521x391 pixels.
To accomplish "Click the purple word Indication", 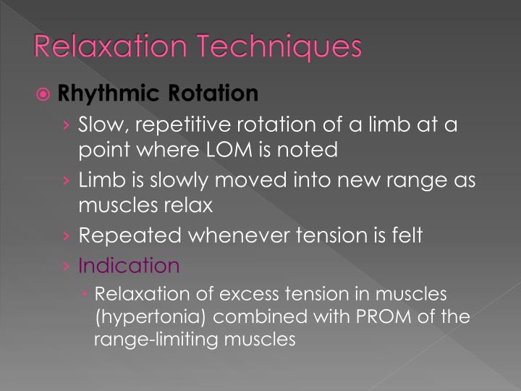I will click(x=129, y=266).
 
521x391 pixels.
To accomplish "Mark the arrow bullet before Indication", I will click(x=67, y=266).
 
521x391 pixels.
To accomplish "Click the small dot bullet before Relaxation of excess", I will click(x=86, y=294).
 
